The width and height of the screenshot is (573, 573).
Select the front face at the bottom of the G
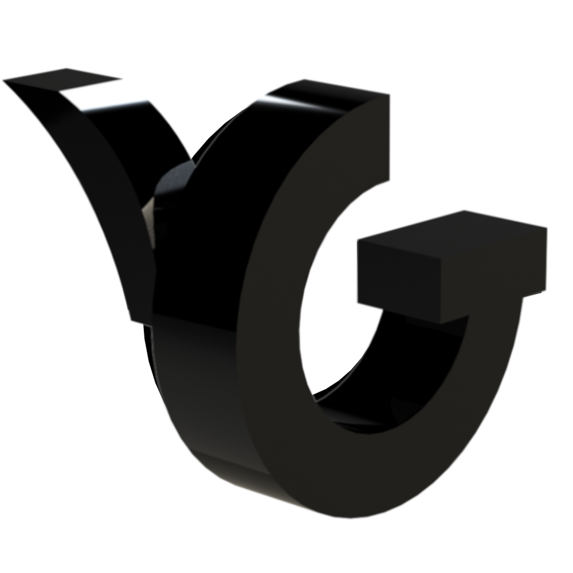(344, 481)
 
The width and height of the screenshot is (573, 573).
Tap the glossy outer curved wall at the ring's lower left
(189, 413)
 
